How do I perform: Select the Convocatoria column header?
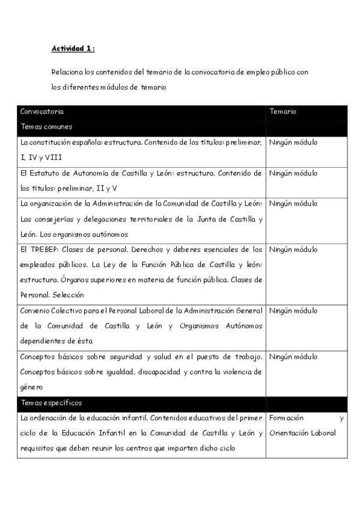click(x=42, y=112)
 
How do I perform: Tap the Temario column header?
click(x=282, y=112)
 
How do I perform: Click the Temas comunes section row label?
click(x=46, y=127)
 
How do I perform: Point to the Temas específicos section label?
click(x=51, y=402)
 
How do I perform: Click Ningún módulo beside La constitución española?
click(x=293, y=143)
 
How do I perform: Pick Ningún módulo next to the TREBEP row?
click(x=293, y=249)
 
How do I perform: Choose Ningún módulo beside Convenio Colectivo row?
click(x=293, y=311)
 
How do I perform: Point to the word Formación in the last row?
click(x=287, y=418)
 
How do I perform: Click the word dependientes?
click(x=43, y=342)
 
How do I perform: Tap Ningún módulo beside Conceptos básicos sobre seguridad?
click(x=293, y=357)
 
